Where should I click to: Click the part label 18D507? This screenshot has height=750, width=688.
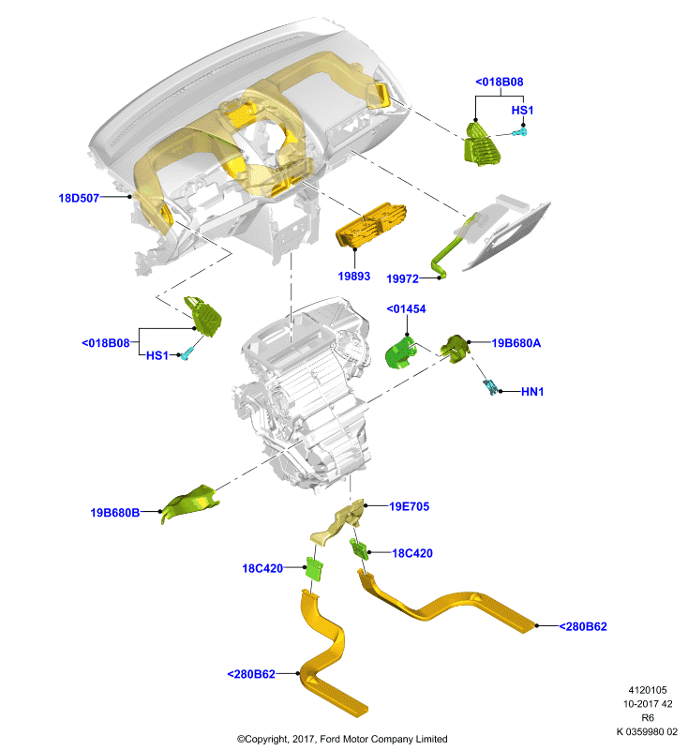click(x=79, y=198)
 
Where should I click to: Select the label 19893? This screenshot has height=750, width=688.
click(x=353, y=276)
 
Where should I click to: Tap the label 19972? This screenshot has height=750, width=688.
click(x=402, y=278)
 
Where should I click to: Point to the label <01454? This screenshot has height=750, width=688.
click(x=406, y=309)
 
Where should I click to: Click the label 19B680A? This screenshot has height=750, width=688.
click(x=516, y=343)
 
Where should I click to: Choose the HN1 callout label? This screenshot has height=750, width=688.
click(x=532, y=392)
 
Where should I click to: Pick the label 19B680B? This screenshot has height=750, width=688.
click(x=114, y=513)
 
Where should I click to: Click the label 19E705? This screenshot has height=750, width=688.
click(x=409, y=506)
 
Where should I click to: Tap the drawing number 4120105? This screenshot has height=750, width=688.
click(x=648, y=690)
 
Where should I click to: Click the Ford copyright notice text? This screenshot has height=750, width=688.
click(x=342, y=739)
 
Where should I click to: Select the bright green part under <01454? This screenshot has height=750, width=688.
click(x=400, y=352)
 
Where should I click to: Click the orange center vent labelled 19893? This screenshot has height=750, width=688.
click(x=371, y=225)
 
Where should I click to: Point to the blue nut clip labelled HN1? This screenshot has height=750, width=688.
click(x=490, y=386)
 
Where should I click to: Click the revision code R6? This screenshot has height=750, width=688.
click(x=648, y=718)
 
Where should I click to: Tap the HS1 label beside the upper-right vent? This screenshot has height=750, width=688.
click(x=522, y=110)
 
